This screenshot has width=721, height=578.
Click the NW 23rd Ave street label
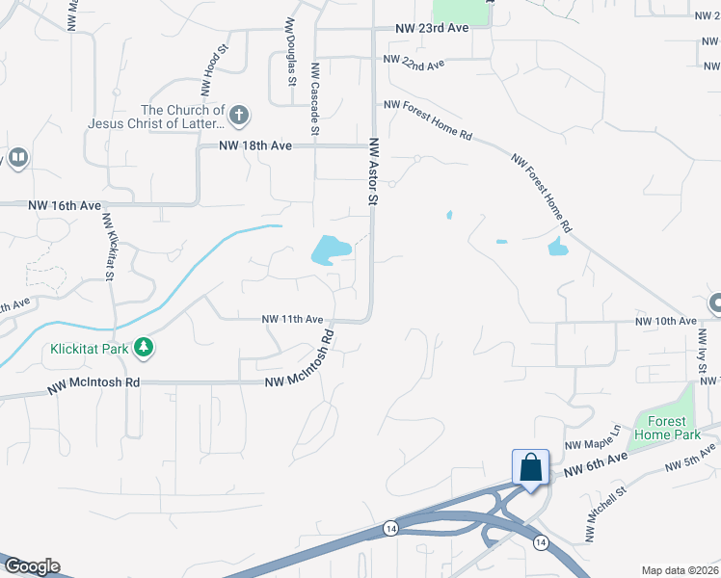[x=431, y=29]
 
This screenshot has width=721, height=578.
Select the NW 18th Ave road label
[x=254, y=145]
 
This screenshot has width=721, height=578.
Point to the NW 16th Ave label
[x=65, y=206]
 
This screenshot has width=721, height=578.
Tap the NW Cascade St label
[x=314, y=98]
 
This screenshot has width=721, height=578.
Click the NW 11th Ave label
[x=291, y=319]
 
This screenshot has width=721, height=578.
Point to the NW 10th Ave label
[x=665, y=321]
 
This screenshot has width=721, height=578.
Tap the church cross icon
[x=239, y=117]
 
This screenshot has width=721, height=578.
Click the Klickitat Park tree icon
[x=144, y=347]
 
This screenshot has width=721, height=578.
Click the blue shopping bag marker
[x=530, y=468]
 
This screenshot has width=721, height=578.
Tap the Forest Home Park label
[x=660, y=427]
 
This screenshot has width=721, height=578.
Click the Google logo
[x=32, y=566]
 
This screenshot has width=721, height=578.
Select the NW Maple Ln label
[x=591, y=438]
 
